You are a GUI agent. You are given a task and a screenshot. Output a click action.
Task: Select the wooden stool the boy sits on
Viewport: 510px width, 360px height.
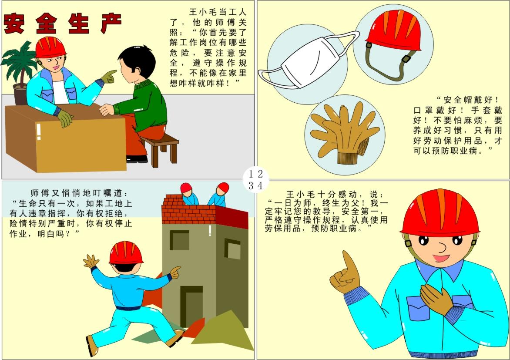[x=159, y=148]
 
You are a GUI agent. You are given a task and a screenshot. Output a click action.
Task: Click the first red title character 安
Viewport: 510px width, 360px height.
[x=14, y=24]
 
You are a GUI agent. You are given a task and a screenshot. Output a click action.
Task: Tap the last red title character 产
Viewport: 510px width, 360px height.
[x=111, y=24]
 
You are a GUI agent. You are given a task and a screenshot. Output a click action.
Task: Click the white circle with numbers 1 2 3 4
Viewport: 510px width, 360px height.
[x=255, y=179]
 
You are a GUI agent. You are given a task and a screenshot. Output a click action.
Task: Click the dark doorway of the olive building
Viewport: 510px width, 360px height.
[x=191, y=306]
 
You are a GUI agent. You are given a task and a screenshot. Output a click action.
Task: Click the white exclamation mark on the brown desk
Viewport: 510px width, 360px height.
[x=39, y=131]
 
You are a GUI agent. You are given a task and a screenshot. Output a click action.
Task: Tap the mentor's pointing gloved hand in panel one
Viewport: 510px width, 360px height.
[x=108, y=77]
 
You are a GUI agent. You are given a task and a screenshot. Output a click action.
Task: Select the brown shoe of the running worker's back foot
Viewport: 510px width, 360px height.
[x=92, y=346]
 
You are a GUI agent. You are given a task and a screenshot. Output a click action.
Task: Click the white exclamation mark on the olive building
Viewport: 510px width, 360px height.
[x=210, y=230]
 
